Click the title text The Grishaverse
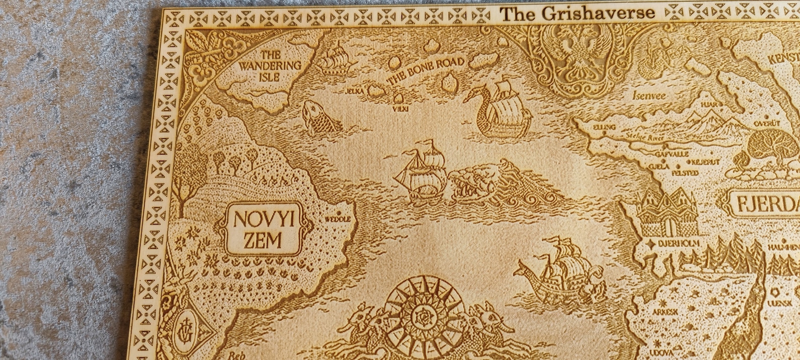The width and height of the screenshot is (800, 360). click(577, 14)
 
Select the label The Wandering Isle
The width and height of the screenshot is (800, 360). click(270, 65)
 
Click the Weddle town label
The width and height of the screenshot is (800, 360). click(337, 220)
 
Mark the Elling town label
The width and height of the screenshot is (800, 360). click(604, 127)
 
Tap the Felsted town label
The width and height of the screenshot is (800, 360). click(685, 173)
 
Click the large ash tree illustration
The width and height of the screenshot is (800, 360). click(773, 149)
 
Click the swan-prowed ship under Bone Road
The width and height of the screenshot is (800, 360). click(499, 111)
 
